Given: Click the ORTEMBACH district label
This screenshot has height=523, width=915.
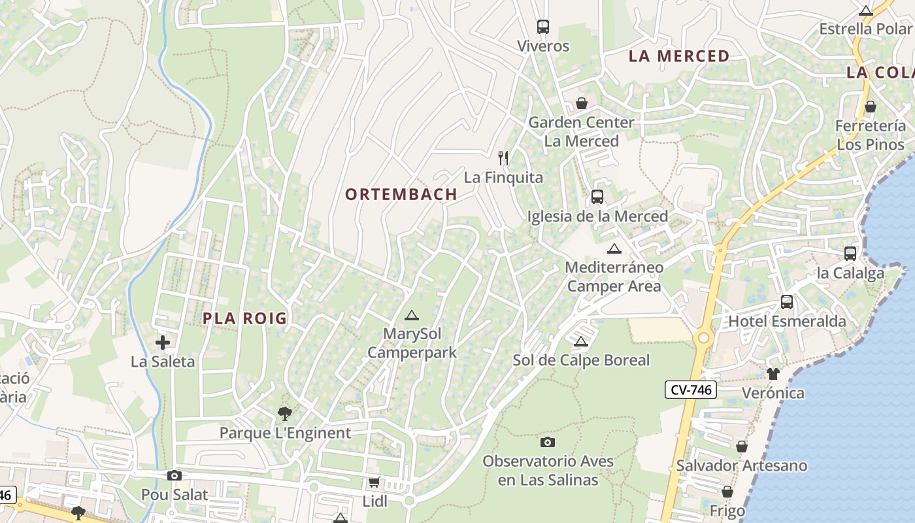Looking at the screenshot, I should pyautogui.click(x=401, y=194).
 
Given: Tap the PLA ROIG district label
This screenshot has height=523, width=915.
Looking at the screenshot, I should pyautogui.click(x=244, y=318).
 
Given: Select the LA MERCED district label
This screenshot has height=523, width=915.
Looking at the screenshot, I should pyautogui.click(x=678, y=56).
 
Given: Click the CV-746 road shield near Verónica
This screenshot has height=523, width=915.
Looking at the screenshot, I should pyautogui.click(x=691, y=390).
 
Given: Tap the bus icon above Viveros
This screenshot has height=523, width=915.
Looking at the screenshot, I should pyautogui.click(x=543, y=27).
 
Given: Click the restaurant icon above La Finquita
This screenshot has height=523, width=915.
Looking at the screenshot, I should pyautogui.click(x=503, y=158).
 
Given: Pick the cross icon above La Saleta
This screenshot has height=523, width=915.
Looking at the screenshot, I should pyautogui.click(x=163, y=342).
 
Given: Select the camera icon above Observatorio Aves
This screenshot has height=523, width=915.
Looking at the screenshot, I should pyautogui.click(x=548, y=443).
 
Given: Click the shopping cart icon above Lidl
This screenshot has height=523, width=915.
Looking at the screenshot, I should pyautogui.click(x=374, y=482).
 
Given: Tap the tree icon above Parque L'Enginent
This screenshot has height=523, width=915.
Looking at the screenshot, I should pyautogui.click(x=284, y=413).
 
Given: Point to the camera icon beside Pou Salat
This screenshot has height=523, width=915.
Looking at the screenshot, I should pyautogui.click(x=175, y=476).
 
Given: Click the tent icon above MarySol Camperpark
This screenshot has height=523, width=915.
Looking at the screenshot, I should pyautogui.click(x=411, y=316).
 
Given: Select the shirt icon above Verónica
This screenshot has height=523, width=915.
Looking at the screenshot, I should pyautogui.click(x=773, y=374).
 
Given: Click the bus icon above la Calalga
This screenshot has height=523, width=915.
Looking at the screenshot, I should pyautogui.click(x=850, y=254).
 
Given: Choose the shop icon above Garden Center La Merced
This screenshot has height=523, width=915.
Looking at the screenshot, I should pyautogui.click(x=581, y=103).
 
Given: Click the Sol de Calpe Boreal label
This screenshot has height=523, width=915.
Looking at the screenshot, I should pyautogui.click(x=581, y=360).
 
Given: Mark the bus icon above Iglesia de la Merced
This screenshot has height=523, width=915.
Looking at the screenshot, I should pyautogui.click(x=597, y=197).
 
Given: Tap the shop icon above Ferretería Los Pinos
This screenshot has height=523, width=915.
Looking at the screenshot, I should pyautogui.click(x=871, y=107).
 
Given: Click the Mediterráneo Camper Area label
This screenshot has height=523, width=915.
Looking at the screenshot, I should pyautogui.click(x=614, y=277).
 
